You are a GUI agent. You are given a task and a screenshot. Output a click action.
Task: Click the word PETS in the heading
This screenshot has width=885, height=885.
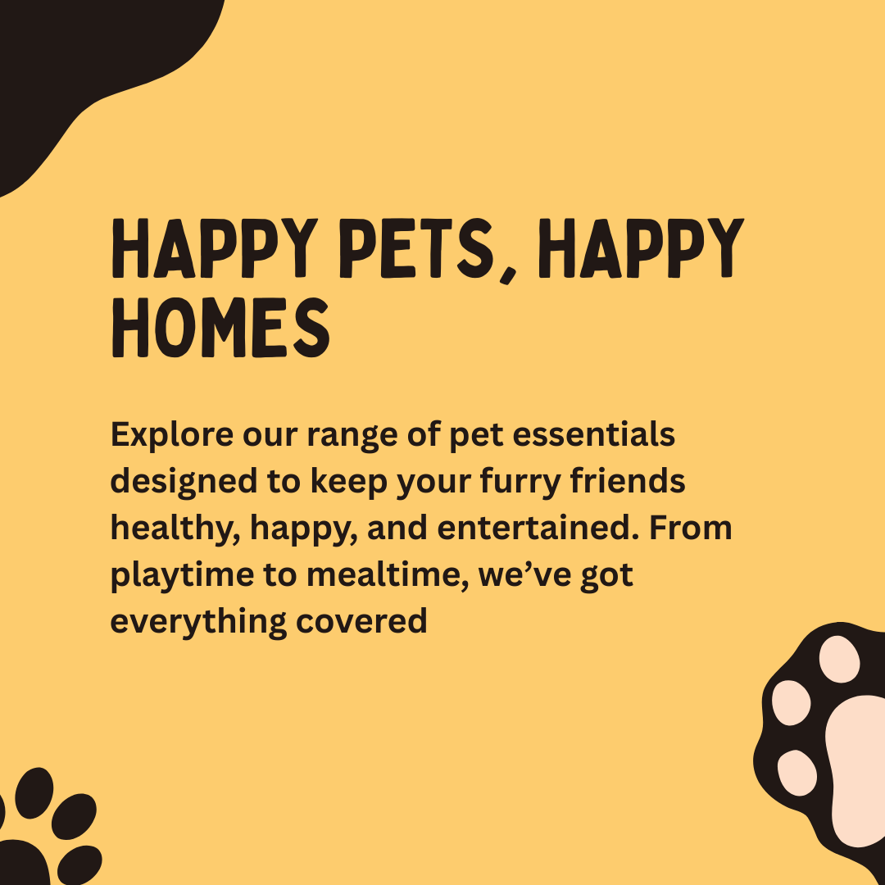click(x=415, y=248)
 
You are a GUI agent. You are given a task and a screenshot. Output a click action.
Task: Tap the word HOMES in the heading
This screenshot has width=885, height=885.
click(x=220, y=328)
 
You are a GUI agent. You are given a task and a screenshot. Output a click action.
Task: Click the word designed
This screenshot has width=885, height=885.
click(x=184, y=483)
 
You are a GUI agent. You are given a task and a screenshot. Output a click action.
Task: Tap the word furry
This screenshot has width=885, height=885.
click(x=520, y=483)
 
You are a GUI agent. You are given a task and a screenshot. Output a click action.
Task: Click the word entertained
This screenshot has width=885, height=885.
click(x=538, y=528)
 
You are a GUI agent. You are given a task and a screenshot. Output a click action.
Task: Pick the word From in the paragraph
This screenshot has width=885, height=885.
click(x=690, y=528)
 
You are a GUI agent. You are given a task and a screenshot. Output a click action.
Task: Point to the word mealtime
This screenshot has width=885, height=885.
click(x=387, y=575)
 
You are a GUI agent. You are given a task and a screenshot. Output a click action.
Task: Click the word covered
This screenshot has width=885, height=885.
click(x=361, y=621)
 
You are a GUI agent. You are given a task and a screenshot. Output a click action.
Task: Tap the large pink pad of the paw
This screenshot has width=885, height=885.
click(x=857, y=768)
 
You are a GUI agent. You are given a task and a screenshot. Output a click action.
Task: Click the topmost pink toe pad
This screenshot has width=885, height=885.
click(x=839, y=659)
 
